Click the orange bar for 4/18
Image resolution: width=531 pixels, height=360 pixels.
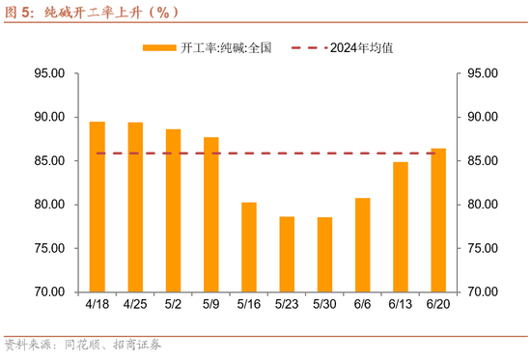(x=98, y=207)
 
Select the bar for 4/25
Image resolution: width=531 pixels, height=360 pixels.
(x=135, y=207)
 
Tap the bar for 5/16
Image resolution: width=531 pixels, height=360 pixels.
(x=249, y=247)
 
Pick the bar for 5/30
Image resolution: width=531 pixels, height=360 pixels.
(x=324, y=255)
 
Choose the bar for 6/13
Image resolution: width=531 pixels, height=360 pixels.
(x=401, y=227)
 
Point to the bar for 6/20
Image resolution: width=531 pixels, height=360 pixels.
(x=438, y=220)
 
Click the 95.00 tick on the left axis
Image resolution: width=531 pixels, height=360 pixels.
(x=49, y=73)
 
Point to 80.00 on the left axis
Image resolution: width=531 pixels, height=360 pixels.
(x=49, y=205)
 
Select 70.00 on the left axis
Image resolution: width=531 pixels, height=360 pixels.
(x=49, y=291)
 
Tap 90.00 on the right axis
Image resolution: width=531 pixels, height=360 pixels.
(x=483, y=117)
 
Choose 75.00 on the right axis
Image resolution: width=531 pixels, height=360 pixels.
(x=483, y=248)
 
